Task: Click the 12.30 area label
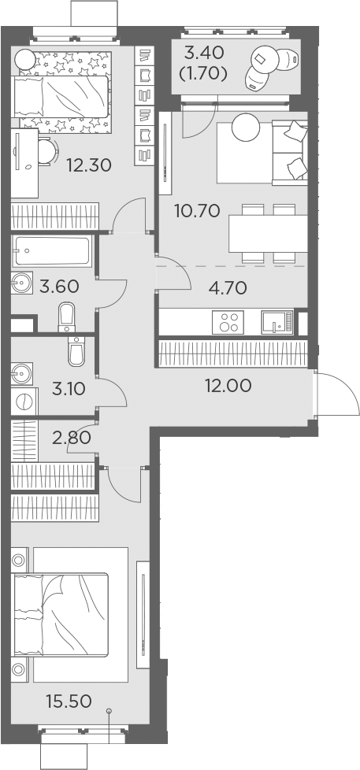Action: click(x=87, y=165)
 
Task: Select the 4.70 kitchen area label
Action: click(x=227, y=287)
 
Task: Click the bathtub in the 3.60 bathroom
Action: click(x=51, y=254)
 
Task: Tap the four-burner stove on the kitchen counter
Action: click(x=229, y=323)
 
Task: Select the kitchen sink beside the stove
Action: click(x=276, y=323)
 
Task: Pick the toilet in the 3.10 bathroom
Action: click(x=76, y=352)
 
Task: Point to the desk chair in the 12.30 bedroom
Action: click(x=46, y=150)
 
